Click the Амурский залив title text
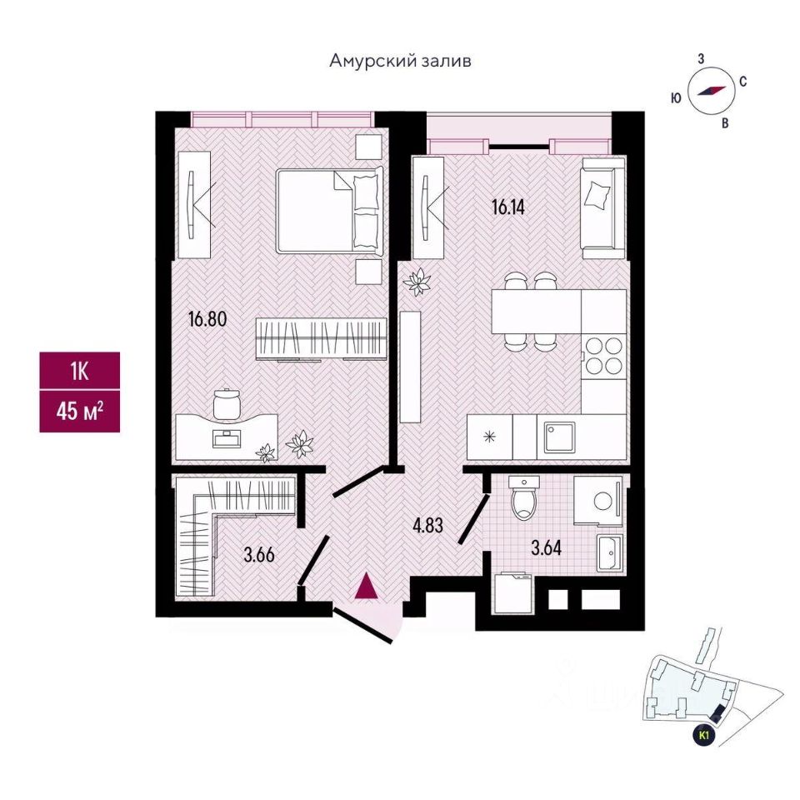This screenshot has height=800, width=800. (x=401, y=61)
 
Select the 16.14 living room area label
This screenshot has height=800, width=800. (x=509, y=208)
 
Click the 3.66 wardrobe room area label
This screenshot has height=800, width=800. (x=259, y=554)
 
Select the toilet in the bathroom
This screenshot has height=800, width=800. (x=523, y=498)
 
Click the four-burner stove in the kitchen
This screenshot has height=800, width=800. (x=603, y=356)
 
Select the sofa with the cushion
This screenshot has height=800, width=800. (x=602, y=207)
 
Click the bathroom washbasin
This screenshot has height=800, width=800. (x=608, y=551)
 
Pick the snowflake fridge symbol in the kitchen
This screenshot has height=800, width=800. (x=489, y=436)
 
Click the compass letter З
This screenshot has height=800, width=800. (x=702, y=58)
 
